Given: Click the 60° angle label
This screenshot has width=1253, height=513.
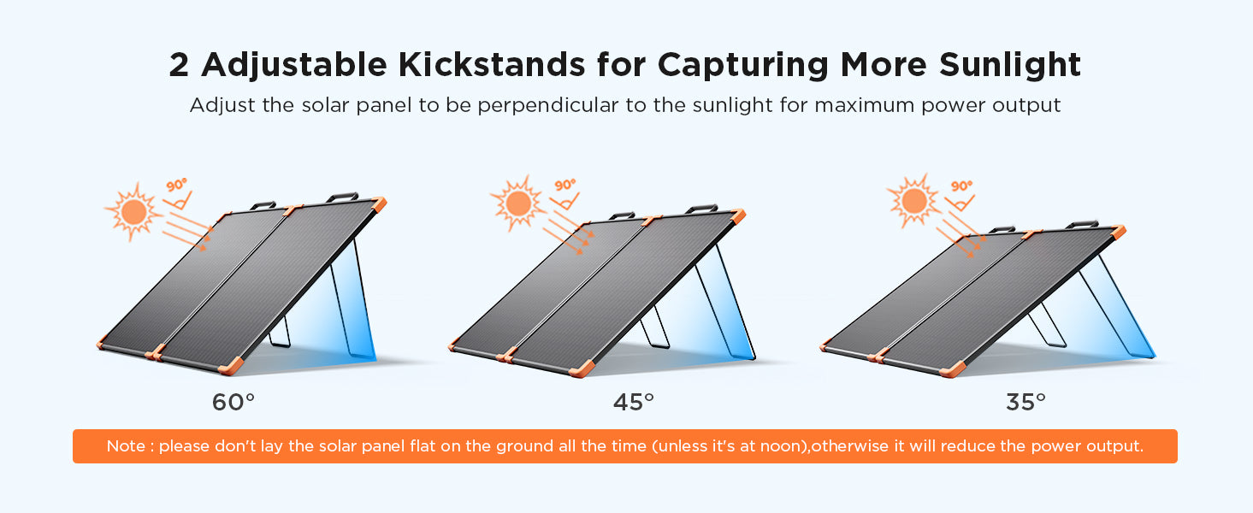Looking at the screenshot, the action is [233, 402].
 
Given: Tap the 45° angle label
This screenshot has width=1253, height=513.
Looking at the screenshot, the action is [633, 402].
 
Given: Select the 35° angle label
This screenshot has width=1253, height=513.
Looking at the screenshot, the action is [1025, 402].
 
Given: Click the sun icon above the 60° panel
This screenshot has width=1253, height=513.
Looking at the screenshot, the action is [133, 212].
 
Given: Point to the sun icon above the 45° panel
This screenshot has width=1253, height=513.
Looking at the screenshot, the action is [518, 203].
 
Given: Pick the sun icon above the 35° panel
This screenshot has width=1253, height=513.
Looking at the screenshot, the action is [914, 201].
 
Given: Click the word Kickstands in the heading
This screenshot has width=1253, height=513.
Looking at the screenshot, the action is [492, 64].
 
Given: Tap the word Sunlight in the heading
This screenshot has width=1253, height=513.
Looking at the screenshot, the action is [1010, 66].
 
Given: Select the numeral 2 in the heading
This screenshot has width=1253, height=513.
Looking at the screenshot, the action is [179, 65].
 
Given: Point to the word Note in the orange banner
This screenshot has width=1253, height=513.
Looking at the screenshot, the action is [125, 445].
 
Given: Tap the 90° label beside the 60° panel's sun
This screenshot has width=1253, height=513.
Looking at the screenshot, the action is [177, 186].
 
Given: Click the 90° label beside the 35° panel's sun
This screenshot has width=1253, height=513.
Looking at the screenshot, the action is [961, 186].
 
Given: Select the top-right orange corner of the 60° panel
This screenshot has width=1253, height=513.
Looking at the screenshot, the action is [379, 203].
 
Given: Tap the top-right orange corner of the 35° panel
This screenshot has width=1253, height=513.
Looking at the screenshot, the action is [1118, 232].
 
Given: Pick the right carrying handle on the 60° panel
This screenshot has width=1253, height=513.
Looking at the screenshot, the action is [342, 197].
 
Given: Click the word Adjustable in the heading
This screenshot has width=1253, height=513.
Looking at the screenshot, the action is [293, 66].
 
